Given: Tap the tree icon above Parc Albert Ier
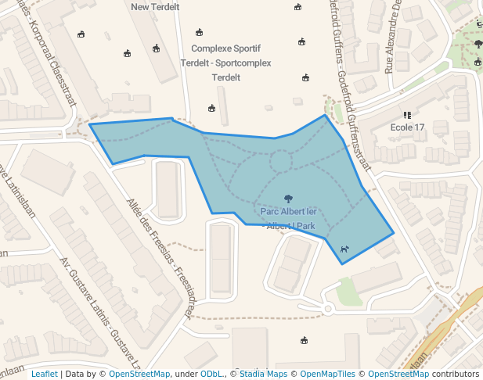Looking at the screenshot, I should pos(288,199).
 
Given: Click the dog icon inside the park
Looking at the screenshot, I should pos(344,249).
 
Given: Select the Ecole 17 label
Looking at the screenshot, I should pos(407,127).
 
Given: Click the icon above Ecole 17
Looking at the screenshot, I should pos(406,114).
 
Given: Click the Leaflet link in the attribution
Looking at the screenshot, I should pos(44,374).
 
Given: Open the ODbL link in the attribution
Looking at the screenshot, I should pos(211,374).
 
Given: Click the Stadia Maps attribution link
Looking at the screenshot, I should pos(263,374).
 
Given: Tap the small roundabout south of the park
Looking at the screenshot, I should pos(328,309).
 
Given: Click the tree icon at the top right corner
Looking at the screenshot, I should pos(478,44).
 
